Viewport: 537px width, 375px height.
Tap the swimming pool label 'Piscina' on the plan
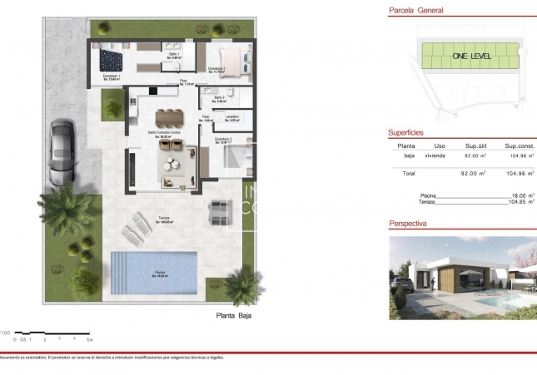158,271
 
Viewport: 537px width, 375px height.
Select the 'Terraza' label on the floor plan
165,220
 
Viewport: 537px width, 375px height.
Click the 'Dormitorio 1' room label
112,77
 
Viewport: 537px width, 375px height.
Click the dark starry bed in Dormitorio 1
111,59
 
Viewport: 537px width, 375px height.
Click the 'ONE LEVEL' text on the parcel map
471,57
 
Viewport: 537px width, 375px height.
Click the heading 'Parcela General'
416,11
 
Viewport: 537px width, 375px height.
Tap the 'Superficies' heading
406,132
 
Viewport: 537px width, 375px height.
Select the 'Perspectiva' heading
408,224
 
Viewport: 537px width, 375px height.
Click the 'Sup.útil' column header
475,146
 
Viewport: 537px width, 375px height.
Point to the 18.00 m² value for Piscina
520,195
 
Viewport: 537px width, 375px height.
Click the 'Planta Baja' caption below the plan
233,317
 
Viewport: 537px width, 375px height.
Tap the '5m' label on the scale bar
90,340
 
